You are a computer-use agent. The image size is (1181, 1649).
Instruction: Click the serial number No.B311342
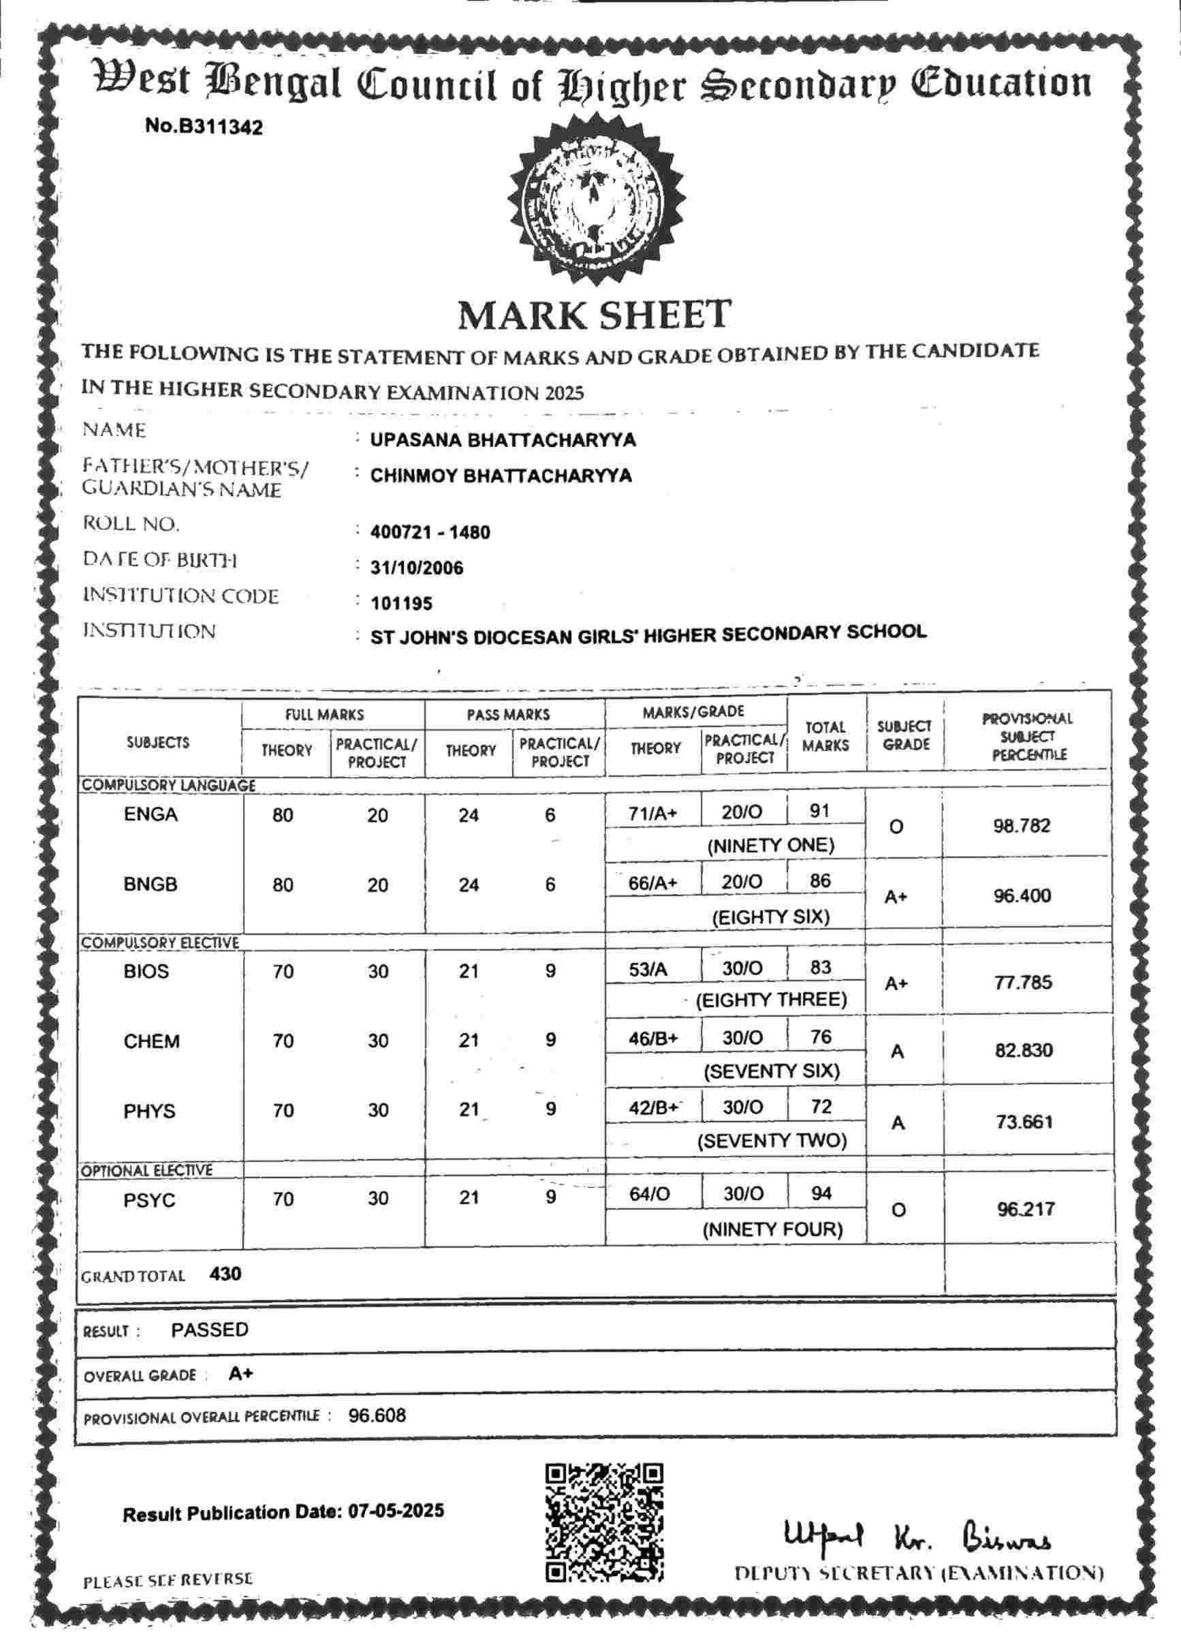204,127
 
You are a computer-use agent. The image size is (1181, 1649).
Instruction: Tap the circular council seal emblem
595,199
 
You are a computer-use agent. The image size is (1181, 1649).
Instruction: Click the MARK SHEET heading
594,315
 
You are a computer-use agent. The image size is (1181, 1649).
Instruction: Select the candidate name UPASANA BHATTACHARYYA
503,440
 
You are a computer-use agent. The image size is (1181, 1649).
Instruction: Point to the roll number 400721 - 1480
430,532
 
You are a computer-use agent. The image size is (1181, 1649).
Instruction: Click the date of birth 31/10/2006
416,568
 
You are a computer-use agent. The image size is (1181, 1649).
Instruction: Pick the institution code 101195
401,604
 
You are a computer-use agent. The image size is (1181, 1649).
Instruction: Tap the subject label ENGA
151,814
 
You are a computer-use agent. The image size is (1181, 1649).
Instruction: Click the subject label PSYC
149,1200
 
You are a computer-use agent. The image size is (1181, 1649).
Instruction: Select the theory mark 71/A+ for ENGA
652,814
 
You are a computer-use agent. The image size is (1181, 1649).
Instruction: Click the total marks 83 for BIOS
821,968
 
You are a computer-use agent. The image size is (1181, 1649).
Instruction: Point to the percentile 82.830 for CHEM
1023,1051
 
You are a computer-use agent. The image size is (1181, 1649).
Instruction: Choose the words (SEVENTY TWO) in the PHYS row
772,1141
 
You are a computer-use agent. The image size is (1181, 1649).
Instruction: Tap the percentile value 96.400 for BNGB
1022,896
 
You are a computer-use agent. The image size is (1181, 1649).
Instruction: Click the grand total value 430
225,1274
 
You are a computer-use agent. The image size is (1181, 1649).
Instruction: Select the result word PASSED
209,1330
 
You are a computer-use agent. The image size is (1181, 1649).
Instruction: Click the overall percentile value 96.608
377,1415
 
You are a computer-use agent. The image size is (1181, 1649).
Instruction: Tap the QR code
604,1522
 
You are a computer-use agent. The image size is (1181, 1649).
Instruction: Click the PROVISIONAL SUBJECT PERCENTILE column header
1027,737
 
